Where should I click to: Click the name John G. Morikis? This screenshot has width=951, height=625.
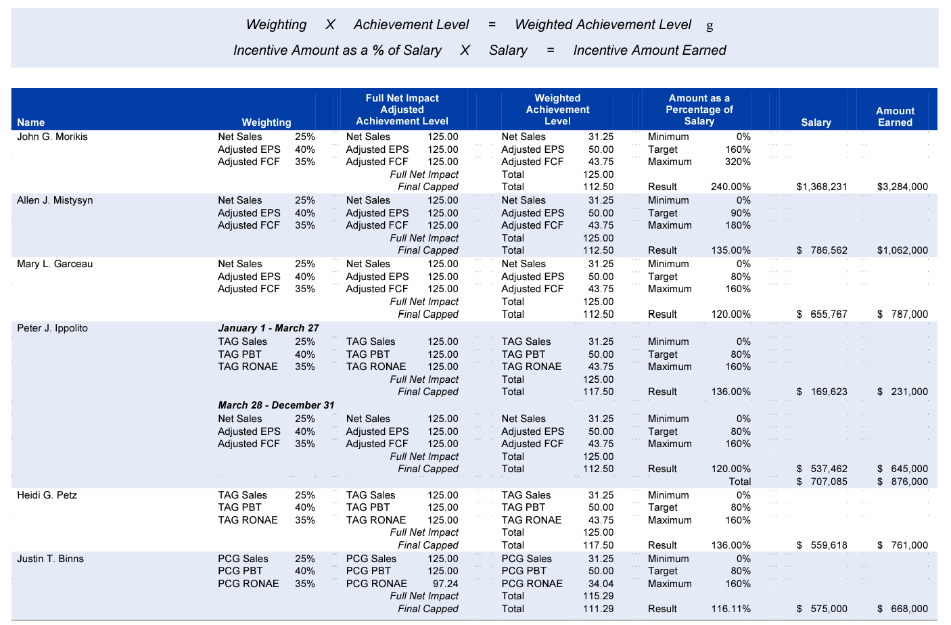pyautogui.click(x=52, y=137)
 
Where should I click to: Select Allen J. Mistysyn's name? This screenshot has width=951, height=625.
pyautogui.click(x=55, y=200)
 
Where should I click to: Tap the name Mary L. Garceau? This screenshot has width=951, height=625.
pyautogui.click(x=55, y=264)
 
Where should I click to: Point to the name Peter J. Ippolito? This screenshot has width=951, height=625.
pyautogui.click(x=52, y=328)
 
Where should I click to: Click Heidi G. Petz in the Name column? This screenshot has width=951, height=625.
pyautogui.click(x=47, y=495)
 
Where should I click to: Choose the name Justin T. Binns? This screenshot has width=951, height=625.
pyautogui.click(x=51, y=559)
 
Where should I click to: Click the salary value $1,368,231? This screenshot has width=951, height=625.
pyautogui.click(x=821, y=187)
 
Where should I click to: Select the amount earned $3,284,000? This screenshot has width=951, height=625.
pyautogui.click(x=902, y=187)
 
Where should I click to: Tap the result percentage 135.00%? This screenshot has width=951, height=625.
pyautogui.click(x=730, y=250)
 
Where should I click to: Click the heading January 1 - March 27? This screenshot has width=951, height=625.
pyautogui.click(x=269, y=328)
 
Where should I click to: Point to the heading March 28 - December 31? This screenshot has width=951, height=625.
pyautogui.click(x=276, y=405)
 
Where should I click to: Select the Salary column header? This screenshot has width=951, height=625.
pyautogui.click(x=816, y=122)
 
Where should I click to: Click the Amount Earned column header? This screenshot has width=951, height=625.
pyautogui.click(x=895, y=116)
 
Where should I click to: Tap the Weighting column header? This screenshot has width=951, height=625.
pyautogui.click(x=266, y=122)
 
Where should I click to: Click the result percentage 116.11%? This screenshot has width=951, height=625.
pyautogui.click(x=730, y=609)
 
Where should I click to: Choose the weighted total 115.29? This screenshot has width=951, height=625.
pyautogui.click(x=598, y=596)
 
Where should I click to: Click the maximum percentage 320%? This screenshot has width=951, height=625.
pyautogui.click(x=738, y=162)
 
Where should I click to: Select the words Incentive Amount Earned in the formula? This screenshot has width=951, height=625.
pyautogui.click(x=649, y=50)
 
